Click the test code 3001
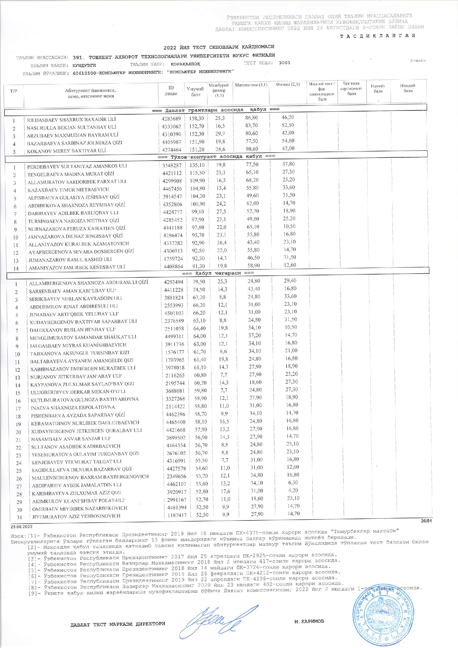[x=285, y=63]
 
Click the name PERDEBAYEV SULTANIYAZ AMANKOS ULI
[x=77, y=166]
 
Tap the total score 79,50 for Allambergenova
[x=199, y=282]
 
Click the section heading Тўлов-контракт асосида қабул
[x=216, y=156]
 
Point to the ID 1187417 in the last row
[x=175, y=515]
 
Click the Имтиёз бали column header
[x=378, y=89]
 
